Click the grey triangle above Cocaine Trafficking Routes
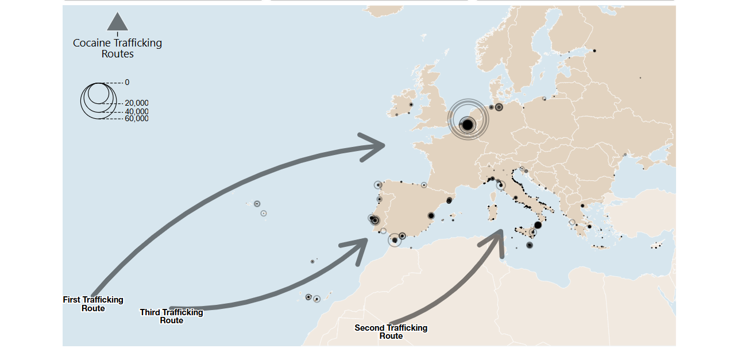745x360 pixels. click(x=117, y=22)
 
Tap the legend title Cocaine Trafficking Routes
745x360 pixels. click(x=118, y=48)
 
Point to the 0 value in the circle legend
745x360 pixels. click(x=127, y=82)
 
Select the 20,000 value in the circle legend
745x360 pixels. click(x=136, y=103)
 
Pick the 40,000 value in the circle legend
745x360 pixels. click(x=136, y=111)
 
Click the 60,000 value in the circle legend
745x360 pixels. click(x=136, y=118)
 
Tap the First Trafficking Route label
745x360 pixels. click(x=93, y=304)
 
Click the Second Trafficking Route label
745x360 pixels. click(x=391, y=331)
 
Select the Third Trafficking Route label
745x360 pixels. click(x=171, y=316)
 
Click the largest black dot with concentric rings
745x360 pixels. click(x=468, y=124)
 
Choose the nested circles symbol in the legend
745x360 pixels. click(x=96, y=100)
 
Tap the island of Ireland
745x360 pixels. click(x=402, y=104)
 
